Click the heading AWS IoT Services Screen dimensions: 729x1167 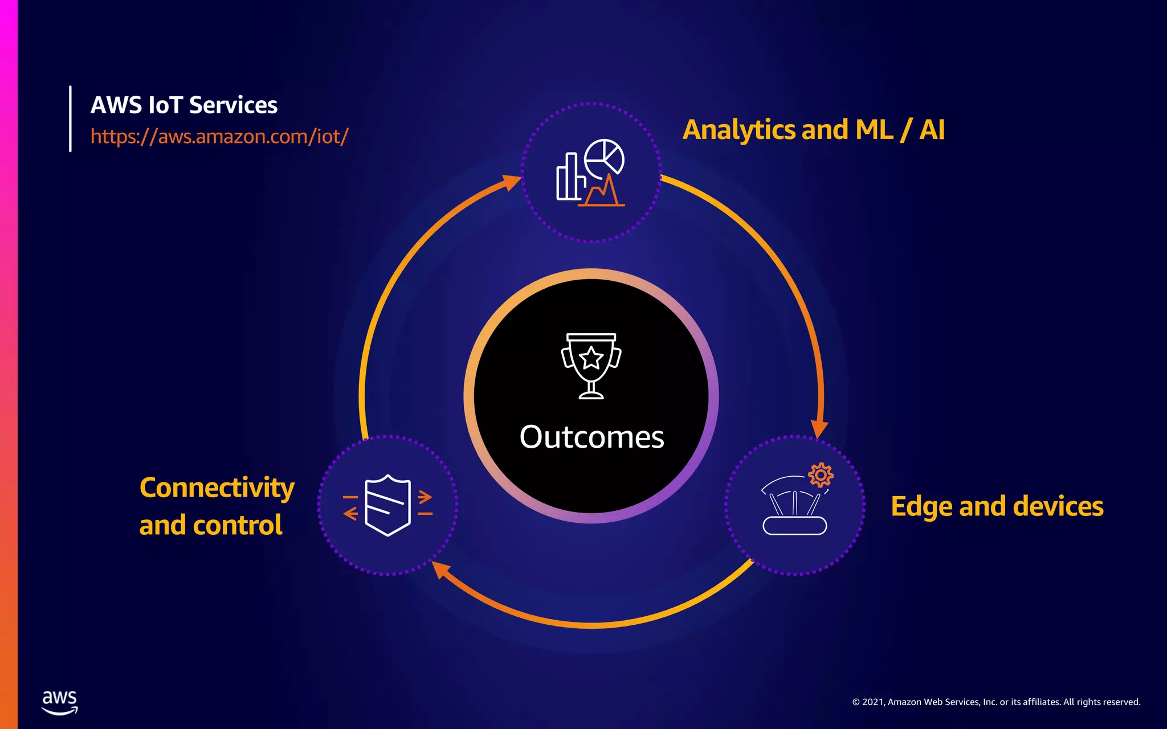(x=183, y=105)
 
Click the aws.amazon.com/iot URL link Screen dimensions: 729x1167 (x=219, y=137)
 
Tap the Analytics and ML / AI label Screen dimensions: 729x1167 (x=813, y=130)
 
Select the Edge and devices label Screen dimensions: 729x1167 (x=997, y=506)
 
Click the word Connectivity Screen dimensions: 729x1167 (x=217, y=488)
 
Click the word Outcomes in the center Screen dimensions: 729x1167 (x=591, y=437)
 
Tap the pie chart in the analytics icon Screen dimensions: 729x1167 (x=605, y=157)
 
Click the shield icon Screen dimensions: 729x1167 (x=387, y=505)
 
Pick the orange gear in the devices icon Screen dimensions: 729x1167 (x=821, y=474)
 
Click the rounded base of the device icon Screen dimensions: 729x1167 (x=794, y=525)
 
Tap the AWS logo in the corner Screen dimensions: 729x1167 (x=59, y=702)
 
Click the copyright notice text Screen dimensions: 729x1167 (x=996, y=702)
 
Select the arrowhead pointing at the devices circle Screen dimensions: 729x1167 (x=819, y=428)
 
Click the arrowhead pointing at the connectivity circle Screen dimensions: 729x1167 (x=440, y=569)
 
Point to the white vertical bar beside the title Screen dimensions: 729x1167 (x=70, y=118)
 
